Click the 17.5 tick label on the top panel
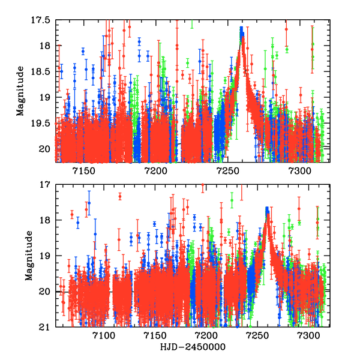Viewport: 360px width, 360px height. (x=41, y=20)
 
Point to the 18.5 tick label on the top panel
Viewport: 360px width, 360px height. (x=41, y=71)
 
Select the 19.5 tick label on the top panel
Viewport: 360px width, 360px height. (x=41, y=123)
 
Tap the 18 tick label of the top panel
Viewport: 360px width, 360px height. (x=45, y=46)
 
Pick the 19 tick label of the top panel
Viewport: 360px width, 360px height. (x=45, y=97)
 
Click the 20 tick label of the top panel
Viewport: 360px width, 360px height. (x=45, y=148)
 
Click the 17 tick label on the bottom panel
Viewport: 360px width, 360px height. (x=45, y=184)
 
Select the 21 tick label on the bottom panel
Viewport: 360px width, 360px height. (x=45, y=328)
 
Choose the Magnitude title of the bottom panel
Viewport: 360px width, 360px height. (x=28, y=256)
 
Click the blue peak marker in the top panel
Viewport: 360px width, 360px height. (x=241, y=30)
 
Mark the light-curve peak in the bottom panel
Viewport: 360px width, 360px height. (x=267, y=210)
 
